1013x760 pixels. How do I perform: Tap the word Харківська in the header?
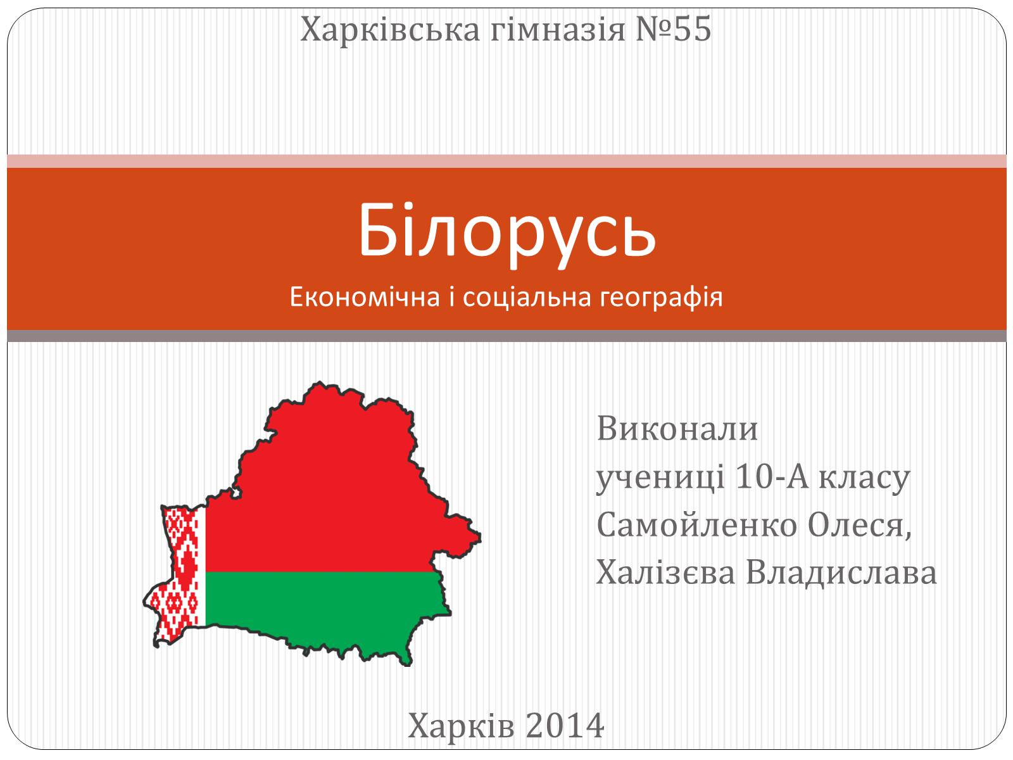point(390,30)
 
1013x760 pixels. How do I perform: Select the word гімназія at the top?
point(558,30)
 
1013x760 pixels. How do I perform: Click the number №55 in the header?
point(674,30)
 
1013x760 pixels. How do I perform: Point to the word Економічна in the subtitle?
point(365,296)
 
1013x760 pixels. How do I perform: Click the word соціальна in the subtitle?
point(527,296)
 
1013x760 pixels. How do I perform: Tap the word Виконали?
point(677,429)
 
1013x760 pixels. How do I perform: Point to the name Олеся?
point(860,526)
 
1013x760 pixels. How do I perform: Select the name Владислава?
point(841,574)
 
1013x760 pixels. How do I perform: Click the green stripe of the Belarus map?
point(323,604)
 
